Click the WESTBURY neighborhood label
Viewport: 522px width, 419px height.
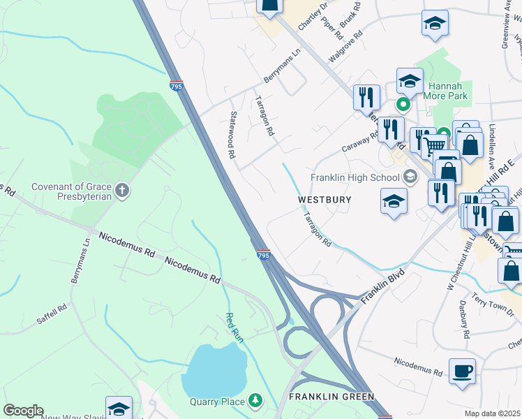[325, 200]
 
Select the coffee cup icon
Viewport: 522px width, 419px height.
[462, 370]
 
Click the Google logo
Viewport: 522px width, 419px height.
[23, 411]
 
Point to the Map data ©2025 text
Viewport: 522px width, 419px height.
[493, 413]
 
